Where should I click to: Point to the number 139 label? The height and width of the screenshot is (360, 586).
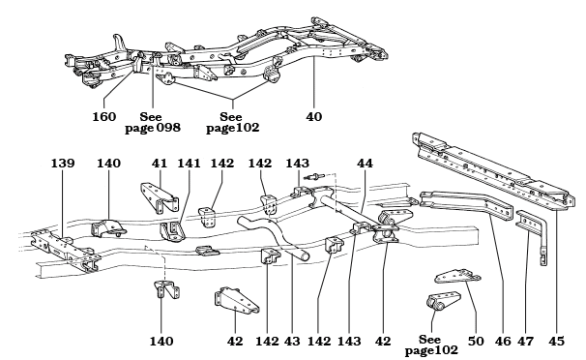tap(63, 164)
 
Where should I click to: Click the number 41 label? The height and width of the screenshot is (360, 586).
tap(159, 164)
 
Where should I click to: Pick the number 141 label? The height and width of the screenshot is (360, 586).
tap(188, 164)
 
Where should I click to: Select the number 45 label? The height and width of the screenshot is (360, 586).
tap(555, 340)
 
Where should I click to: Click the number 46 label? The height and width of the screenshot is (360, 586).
tap(501, 340)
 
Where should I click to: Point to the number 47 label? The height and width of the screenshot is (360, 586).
tap(527, 340)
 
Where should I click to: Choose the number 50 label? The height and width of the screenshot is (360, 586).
tap(475, 340)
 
